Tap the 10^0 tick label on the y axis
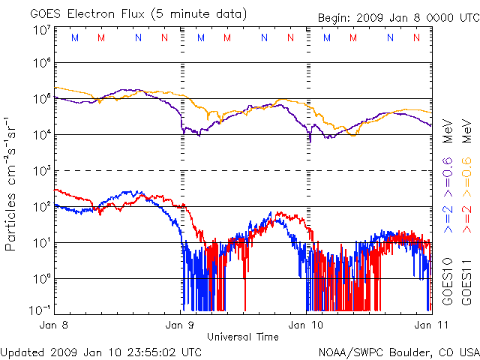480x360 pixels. click(x=41, y=277)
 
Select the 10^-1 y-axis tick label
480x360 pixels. click(x=40, y=309)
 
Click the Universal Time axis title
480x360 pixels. click(x=243, y=337)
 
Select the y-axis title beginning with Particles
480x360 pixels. click(x=12, y=183)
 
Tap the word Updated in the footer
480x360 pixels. click(x=22, y=350)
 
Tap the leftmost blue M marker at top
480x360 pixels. click(x=73, y=37)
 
